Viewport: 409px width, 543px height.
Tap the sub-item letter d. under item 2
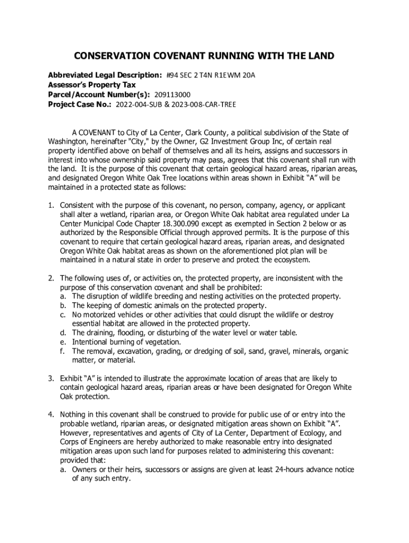point(63,332)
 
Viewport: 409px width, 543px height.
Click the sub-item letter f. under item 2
point(63,351)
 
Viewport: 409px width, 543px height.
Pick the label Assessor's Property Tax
point(92,85)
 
